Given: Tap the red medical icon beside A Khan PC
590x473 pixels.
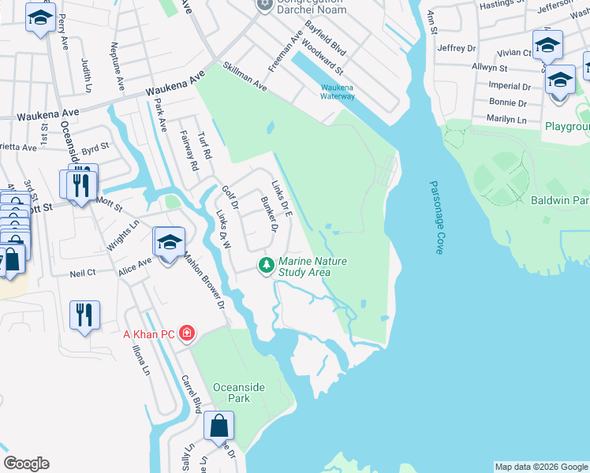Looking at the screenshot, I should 186,333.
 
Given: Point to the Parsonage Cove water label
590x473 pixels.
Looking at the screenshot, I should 436,217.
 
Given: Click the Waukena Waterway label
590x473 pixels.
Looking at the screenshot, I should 338,91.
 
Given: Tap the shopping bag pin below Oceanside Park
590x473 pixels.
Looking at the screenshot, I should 218,426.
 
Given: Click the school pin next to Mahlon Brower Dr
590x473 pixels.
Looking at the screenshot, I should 169,242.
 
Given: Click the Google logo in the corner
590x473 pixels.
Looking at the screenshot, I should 26,464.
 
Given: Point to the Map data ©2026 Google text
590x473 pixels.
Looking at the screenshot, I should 540,467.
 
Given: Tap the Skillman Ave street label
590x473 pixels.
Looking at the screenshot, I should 245,77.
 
